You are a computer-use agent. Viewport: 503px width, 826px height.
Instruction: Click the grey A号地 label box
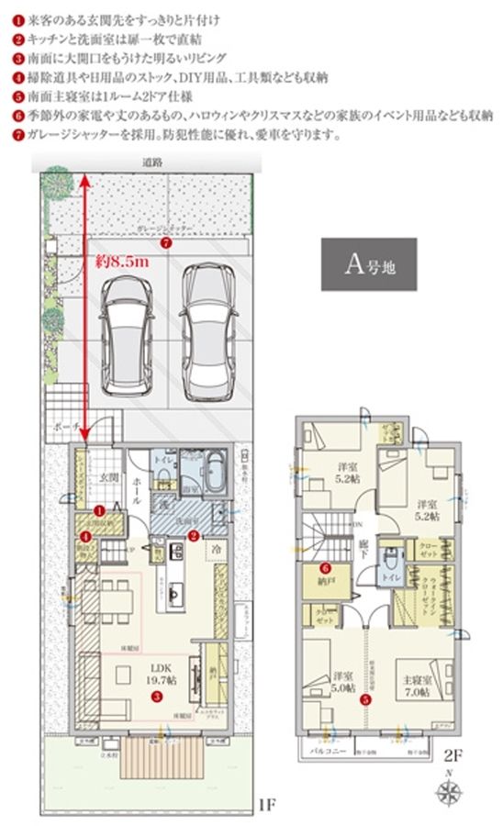pyautogui.click(x=368, y=264)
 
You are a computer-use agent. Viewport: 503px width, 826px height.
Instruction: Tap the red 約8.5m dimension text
pyautogui.click(x=121, y=262)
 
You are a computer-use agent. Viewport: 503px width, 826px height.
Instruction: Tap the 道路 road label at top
pyautogui.click(x=152, y=162)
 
